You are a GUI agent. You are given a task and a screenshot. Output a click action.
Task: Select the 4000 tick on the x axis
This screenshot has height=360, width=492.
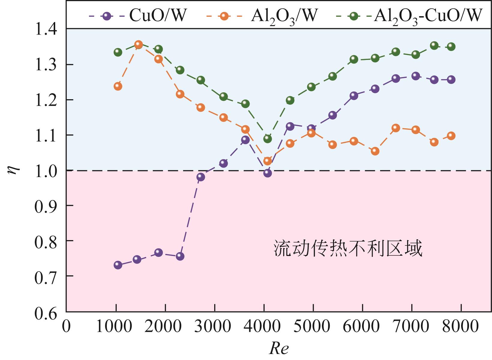264,326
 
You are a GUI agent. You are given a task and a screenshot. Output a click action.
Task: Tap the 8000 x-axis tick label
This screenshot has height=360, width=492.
461,326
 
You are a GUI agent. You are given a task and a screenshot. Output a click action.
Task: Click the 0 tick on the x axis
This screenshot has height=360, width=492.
66,326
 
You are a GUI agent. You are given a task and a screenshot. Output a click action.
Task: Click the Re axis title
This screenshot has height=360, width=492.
279,349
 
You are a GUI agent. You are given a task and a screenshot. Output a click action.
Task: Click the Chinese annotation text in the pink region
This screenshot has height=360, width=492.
348,248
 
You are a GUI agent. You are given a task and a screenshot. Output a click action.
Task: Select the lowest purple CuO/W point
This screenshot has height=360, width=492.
118,265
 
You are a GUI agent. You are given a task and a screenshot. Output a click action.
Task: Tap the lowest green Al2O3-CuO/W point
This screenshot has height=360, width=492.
267,139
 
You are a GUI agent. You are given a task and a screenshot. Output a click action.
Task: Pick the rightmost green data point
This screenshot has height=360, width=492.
451,47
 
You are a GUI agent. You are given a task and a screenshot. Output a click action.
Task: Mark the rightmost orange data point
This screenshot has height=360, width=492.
451,136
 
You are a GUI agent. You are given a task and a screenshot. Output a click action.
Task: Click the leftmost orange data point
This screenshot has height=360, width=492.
118,86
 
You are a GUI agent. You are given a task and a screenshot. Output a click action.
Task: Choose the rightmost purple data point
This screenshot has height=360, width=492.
451,80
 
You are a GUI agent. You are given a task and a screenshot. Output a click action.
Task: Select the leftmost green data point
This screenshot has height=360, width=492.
118,52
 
